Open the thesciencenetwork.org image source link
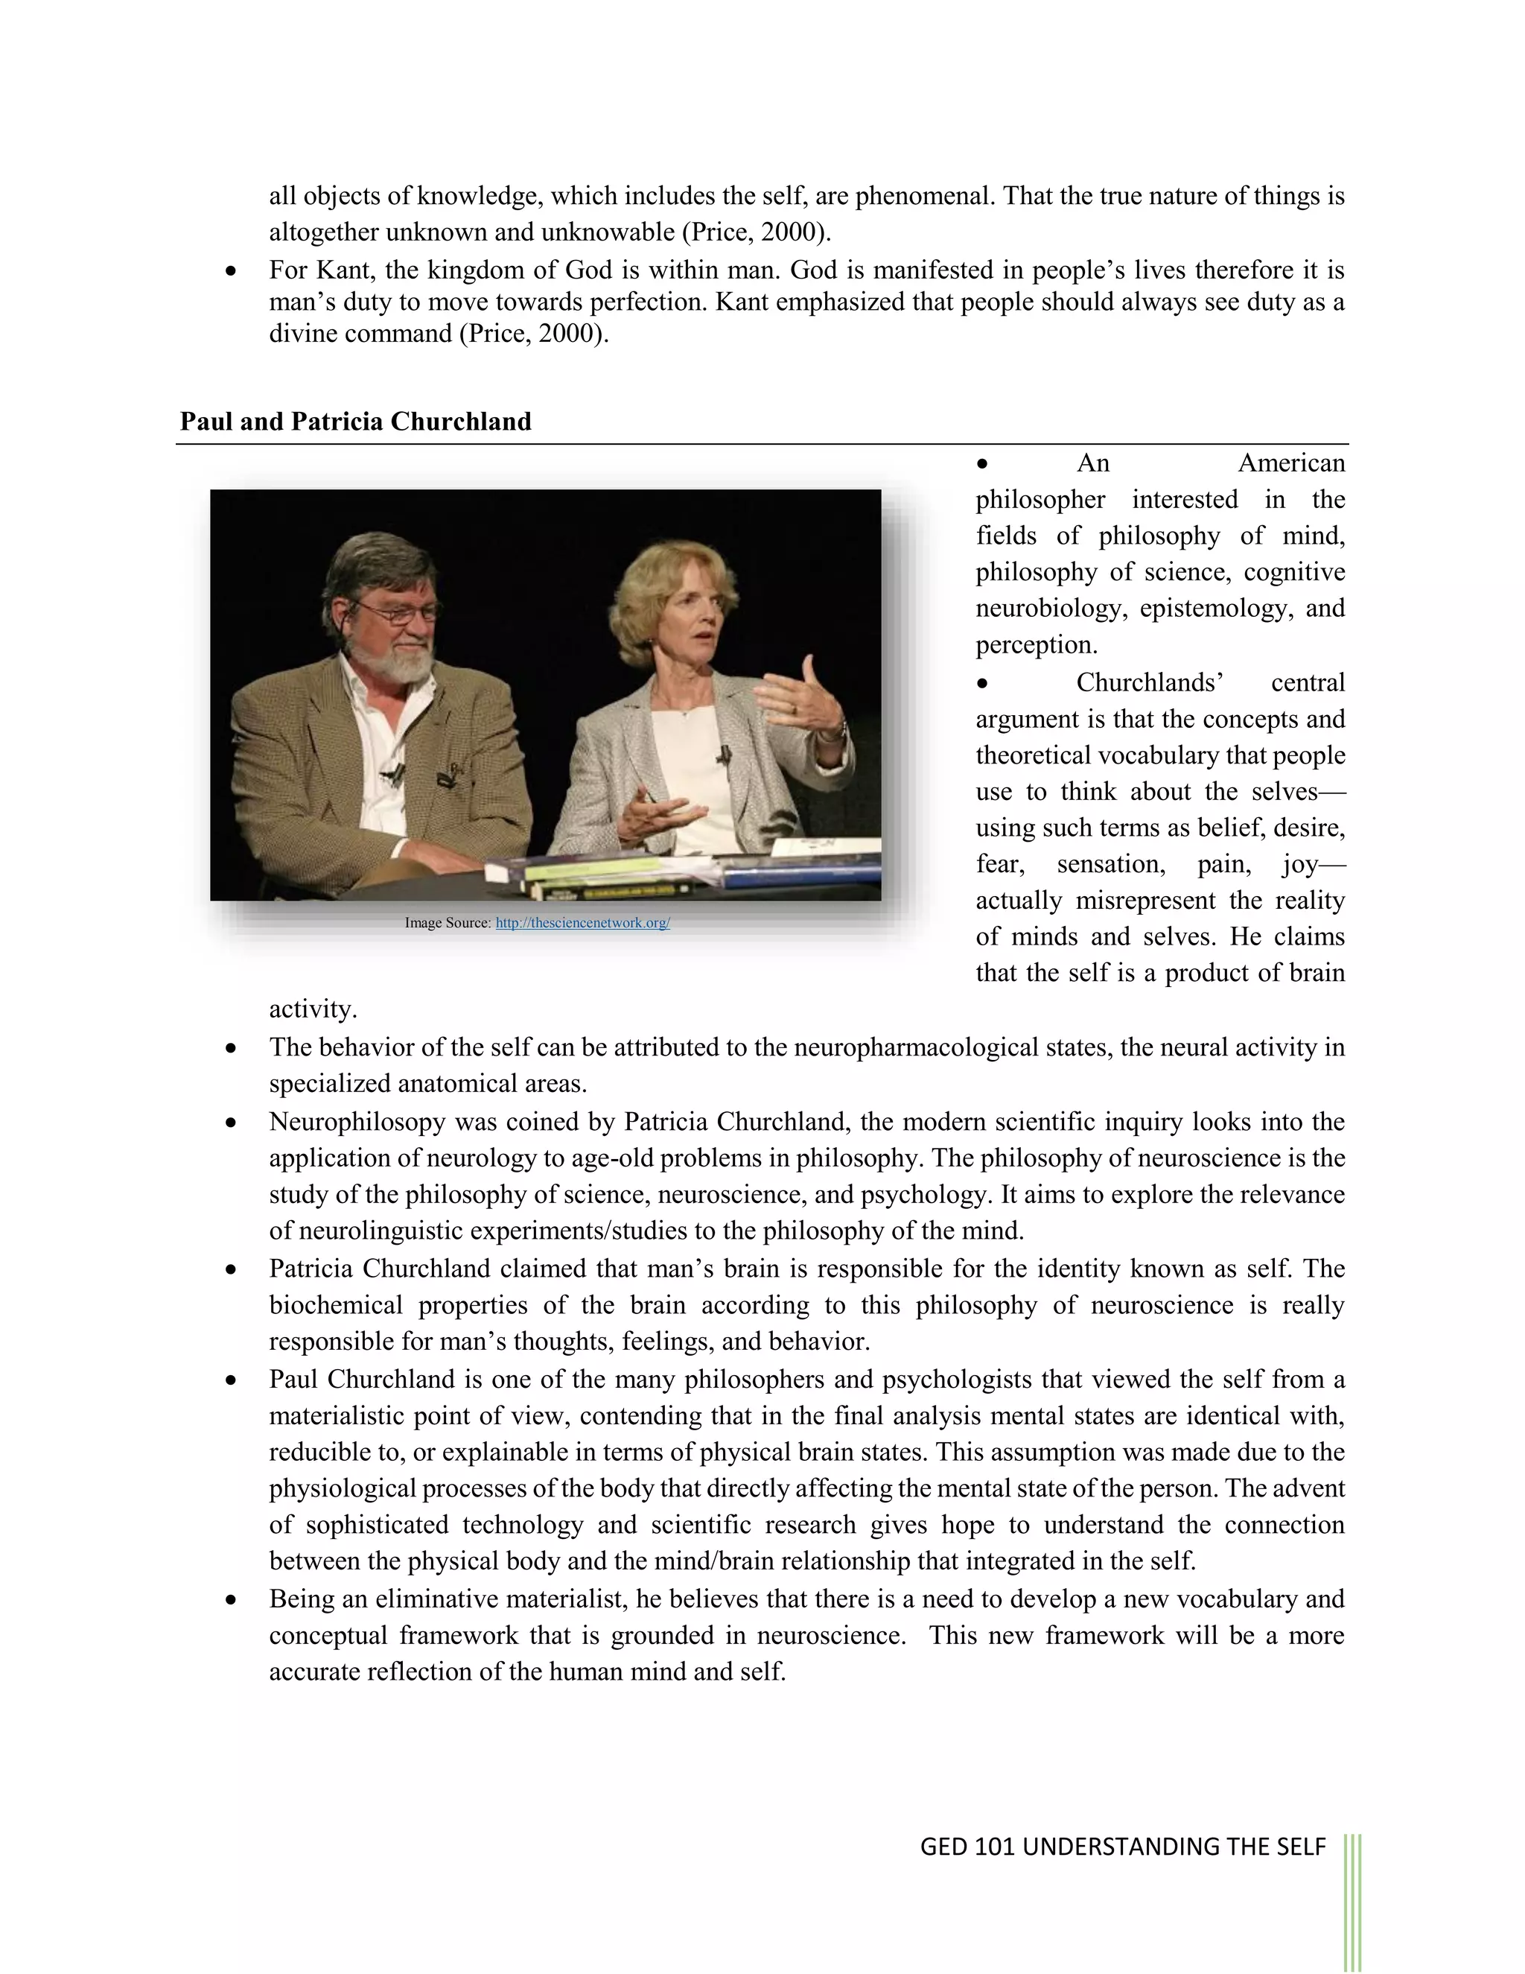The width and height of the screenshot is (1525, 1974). pos(583,923)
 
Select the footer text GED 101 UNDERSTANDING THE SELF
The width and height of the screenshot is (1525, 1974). pos(1122,1847)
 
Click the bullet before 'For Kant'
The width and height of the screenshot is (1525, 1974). pos(232,271)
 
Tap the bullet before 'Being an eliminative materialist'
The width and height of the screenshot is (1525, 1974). pos(232,1600)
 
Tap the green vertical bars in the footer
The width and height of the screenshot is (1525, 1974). pos(1352,1898)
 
